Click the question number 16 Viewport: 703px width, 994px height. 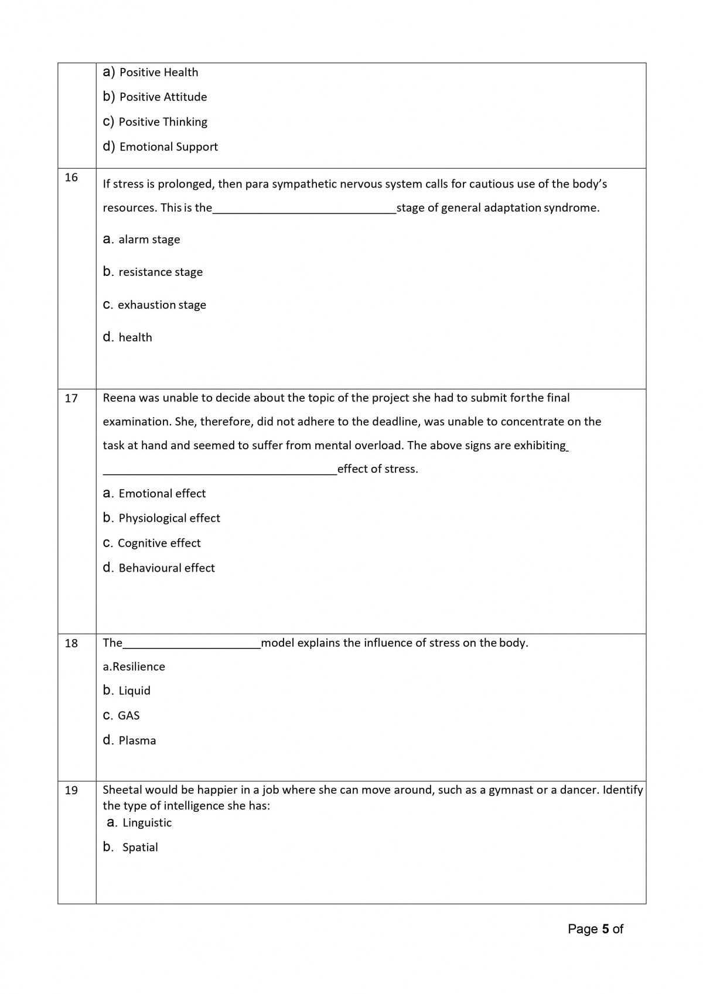point(71,177)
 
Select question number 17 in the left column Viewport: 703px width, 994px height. point(71,398)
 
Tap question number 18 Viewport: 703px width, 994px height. point(71,643)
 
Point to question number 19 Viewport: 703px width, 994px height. point(71,790)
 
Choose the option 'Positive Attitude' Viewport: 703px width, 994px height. point(162,97)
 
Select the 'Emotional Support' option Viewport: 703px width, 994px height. point(168,146)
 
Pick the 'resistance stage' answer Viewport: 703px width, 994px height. point(160,272)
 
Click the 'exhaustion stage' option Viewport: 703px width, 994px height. point(162,305)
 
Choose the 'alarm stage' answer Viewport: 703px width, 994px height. point(149,239)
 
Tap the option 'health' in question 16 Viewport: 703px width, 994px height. point(135,337)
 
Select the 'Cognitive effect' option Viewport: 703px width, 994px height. point(159,543)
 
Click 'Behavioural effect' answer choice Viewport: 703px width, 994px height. point(166,568)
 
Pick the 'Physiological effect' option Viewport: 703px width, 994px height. point(169,518)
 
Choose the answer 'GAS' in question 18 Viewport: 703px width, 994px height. point(128,715)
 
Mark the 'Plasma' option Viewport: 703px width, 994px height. point(137,740)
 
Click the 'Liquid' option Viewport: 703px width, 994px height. point(134,691)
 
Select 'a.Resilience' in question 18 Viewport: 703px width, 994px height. point(134,667)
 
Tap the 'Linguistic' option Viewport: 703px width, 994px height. point(146,822)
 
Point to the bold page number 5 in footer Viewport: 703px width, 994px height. point(605,929)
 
